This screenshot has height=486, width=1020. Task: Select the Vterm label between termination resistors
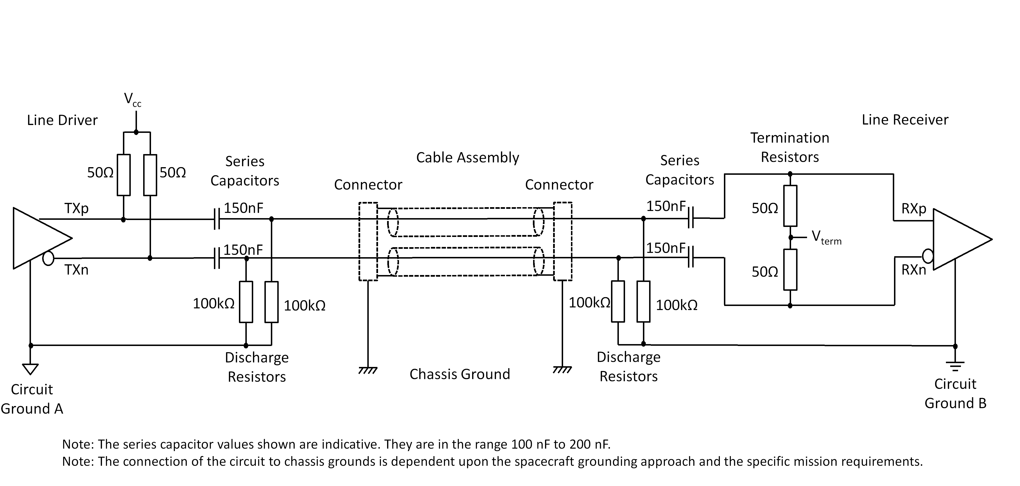pyautogui.click(x=826, y=237)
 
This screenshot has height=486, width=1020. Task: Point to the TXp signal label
pyautogui.click(x=76, y=209)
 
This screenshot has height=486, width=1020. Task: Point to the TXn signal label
pyautogui.click(x=76, y=270)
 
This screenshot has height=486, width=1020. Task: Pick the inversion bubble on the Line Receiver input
pyautogui.click(x=928, y=256)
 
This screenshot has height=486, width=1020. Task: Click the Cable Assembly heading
pyautogui.click(x=468, y=157)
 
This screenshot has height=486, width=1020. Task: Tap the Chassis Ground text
pyautogui.click(x=460, y=374)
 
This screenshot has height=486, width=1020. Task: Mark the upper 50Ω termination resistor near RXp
pyautogui.click(x=790, y=206)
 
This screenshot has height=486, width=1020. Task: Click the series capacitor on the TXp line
pyautogui.click(x=217, y=219)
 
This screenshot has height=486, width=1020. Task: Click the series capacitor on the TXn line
pyautogui.click(x=217, y=258)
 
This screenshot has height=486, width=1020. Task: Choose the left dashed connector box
pyautogui.click(x=368, y=241)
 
